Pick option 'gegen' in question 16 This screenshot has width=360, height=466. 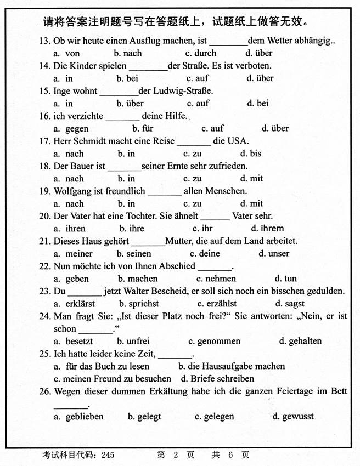point(76,128)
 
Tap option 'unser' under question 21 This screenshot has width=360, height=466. point(278,254)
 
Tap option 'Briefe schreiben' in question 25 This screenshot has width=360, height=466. point(222,379)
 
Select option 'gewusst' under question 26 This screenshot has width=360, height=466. point(296,417)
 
